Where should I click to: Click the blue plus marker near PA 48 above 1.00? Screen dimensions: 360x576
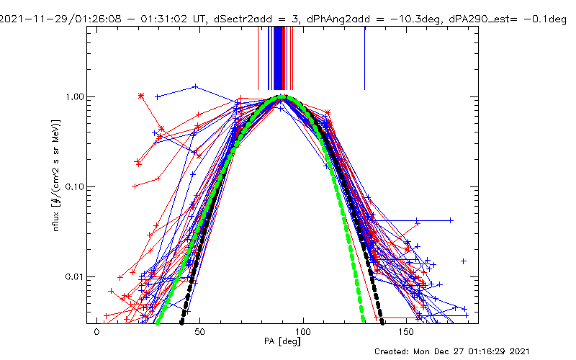click(x=196, y=86)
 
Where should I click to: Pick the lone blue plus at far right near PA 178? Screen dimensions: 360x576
click(x=464, y=261)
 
